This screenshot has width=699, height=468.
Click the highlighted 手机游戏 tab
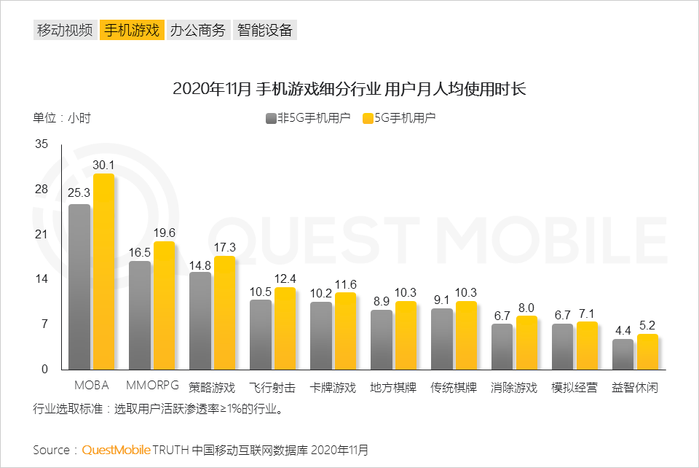131,30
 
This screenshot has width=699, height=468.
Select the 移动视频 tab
65,30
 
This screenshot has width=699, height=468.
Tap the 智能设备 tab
264,30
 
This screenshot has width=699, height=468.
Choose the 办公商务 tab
197,30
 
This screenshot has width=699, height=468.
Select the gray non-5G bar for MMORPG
140,315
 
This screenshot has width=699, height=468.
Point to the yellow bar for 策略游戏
225,313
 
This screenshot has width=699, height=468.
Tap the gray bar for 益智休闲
623,354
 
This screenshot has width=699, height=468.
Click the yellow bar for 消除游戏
526,343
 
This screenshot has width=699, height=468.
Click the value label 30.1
104,165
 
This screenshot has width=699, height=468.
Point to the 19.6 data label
165,233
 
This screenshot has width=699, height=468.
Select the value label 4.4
623,330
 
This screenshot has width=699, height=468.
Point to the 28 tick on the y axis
41,190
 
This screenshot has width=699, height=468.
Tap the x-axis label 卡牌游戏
333,387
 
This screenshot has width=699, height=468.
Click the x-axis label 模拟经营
574,387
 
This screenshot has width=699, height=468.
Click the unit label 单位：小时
61,117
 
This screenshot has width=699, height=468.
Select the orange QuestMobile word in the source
116,450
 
